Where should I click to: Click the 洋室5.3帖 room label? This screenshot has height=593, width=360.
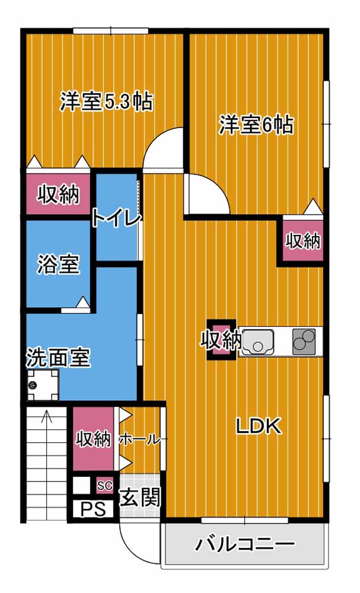click(x=106, y=101)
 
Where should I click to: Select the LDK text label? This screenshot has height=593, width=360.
click(x=259, y=426)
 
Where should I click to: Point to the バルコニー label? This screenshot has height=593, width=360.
click(x=245, y=544)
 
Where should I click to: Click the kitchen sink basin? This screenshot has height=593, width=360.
click(x=258, y=342)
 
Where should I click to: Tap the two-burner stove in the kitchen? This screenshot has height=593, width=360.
click(x=304, y=342)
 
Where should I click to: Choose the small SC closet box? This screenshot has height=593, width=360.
click(x=105, y=486)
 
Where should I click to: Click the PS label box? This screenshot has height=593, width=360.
click(x=93, y=509)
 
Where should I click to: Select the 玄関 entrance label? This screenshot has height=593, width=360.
click(x=141, y=498)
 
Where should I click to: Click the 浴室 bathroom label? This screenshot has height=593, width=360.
click(x=58, y=264)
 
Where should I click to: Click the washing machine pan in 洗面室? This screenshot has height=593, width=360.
click(x=43, y=385)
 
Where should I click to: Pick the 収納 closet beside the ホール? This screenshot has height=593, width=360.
click(x=93, y=439)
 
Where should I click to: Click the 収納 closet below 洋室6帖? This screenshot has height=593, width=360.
click(x=303, y=241)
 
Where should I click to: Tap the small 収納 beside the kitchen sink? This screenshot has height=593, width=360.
click(x=221, y=340)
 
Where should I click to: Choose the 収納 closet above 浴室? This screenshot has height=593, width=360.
click(x=58, y=195)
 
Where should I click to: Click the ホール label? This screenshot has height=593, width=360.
click(x=139, y=440)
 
